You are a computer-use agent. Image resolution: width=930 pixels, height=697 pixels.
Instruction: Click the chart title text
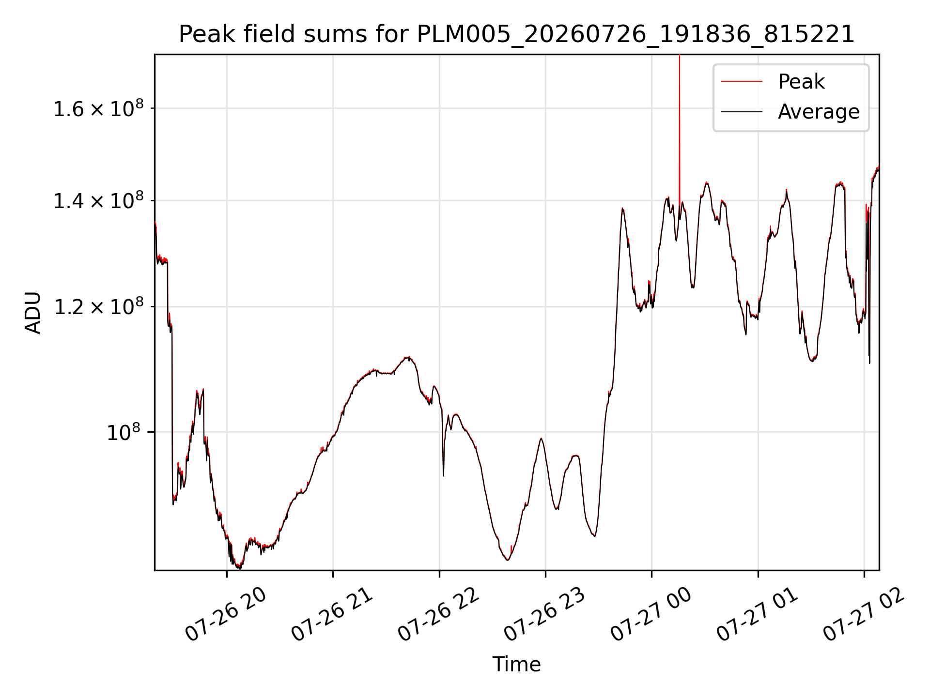[x=516, y=34]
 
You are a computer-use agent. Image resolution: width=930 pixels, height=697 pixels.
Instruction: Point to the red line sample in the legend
[x=741, y=82]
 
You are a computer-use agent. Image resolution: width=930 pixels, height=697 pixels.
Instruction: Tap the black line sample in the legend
[x=741, y=112]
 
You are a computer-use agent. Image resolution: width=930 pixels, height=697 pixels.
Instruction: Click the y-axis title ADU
[x=33, y=313]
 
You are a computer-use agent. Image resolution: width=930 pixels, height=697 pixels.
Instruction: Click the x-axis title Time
[x=516, y=664]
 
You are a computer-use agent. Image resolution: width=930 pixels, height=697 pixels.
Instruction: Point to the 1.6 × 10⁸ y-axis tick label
[x=98, y=108]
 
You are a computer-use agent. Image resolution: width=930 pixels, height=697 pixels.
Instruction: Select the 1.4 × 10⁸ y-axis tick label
[x=98, y=201]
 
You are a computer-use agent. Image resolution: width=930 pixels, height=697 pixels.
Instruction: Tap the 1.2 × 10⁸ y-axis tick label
[x=98, y=307]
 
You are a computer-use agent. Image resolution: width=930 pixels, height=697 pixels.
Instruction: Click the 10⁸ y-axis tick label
[x=125, y=432]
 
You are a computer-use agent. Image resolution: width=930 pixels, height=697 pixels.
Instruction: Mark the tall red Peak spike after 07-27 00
[x=680, y=136]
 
